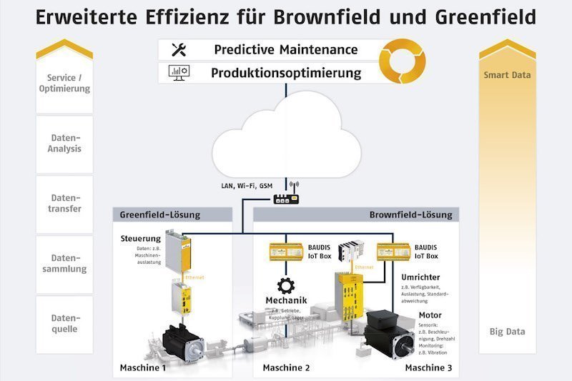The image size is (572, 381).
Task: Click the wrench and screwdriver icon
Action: tap(179, 50)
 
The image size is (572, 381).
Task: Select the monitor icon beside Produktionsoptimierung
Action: tap(177, 72)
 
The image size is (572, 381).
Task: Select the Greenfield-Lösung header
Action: tap(161, 214)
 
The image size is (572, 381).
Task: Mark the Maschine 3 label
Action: tap(429, 368)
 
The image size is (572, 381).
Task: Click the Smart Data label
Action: tap(508, 74)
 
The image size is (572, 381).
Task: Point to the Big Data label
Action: tap(508, 332)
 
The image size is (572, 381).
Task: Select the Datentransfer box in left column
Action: tap(64, 204)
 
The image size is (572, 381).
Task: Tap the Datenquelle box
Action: tap(64, 324)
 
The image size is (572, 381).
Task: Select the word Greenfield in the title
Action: tap(485, 16)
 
